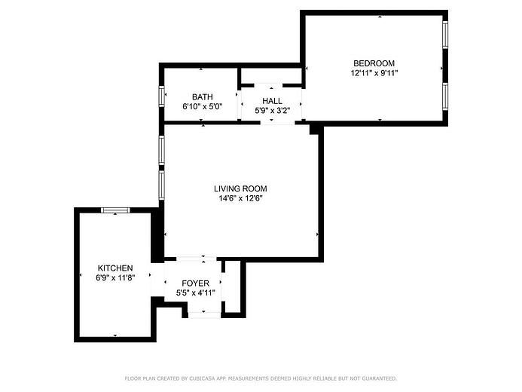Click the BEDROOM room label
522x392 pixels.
(x=374, y=63)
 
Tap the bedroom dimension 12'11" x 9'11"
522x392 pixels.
(x=374, y=73)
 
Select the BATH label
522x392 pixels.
(x=203, y=97)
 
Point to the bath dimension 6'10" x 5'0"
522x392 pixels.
(x=203, y=106)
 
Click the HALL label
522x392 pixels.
(x=273, y=101)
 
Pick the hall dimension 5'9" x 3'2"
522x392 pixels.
(x=273, y=111)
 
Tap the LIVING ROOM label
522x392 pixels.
(x=240, y=189)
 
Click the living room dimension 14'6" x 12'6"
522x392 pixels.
(x=240, y=198)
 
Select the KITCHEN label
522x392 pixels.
(x=115, y=268)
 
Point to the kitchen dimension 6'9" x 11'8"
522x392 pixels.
(x=115, y=277)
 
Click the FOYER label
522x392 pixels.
(x=195, y=283)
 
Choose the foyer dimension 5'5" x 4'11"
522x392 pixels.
(x=195, y=293)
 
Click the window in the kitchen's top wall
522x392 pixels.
(x=115, y=210)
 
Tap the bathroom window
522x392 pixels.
(x=162, y=96)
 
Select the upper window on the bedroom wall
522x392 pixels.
(x=445, y=35)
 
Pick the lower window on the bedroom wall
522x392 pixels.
(x=445, y=96)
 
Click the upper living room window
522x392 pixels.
(x=162, y=150)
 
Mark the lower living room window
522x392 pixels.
(x=162, y=185)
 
